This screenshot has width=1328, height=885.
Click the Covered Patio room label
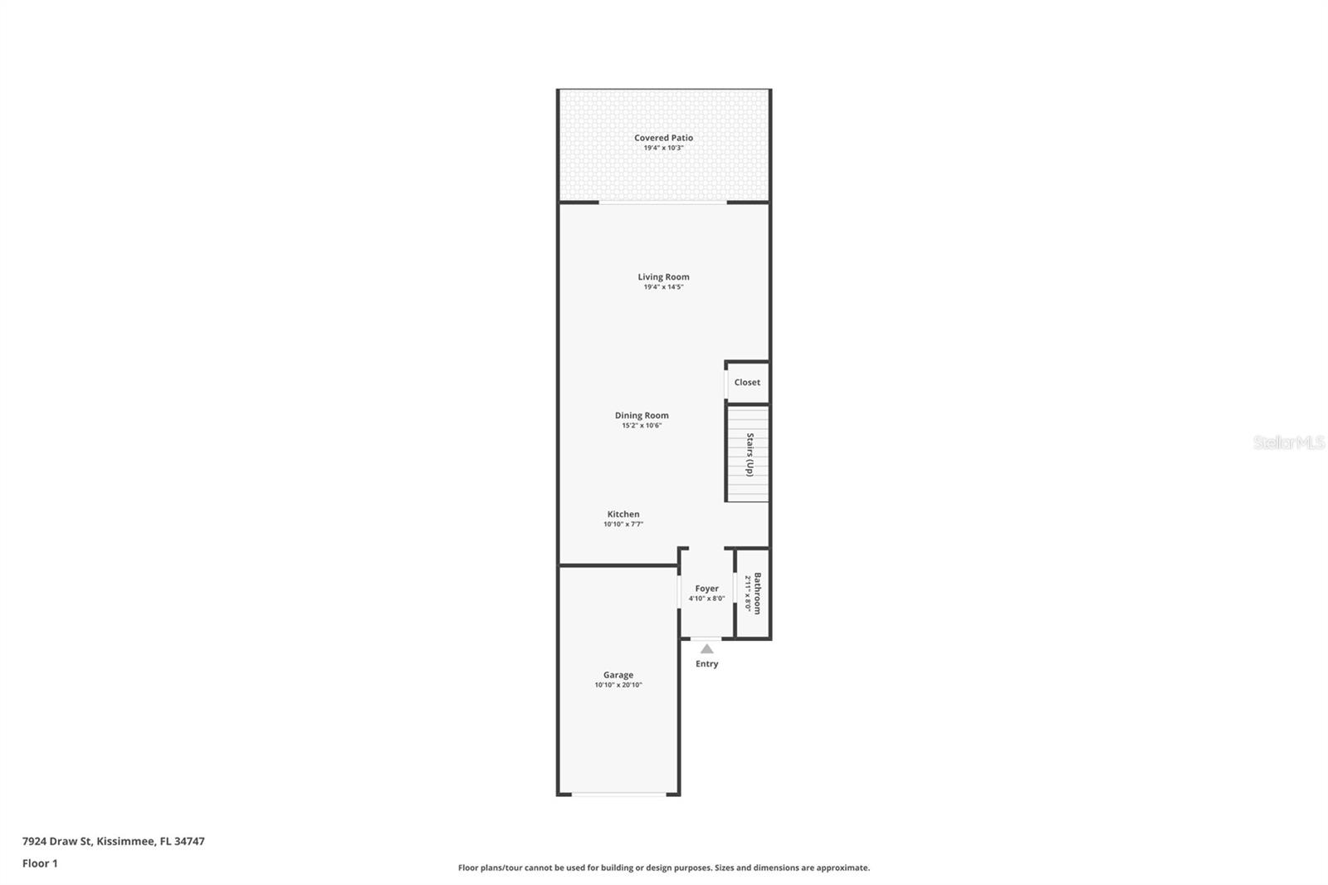click(x=663, y=138)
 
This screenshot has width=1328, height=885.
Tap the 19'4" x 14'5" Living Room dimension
click(x=663, y=287)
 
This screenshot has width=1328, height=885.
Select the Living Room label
click(x=663, y=276)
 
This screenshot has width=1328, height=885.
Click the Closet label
click(x=747, y=382)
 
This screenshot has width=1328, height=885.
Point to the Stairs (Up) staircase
click(x=748, y=454)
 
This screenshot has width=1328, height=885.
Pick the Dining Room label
click(x=642, y=415)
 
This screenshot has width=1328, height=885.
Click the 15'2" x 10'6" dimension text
click(x=642, y=426)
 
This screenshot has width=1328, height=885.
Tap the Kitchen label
click(x=623, y=514)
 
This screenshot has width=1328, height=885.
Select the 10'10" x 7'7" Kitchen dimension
click(x=623, y=525)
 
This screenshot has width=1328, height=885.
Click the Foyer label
click(x=706, y=589)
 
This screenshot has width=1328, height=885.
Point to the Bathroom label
click(x=757, y=593)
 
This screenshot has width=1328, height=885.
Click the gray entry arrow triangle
click(x=706, y=648)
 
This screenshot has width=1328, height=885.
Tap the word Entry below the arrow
click(x=706, y=663)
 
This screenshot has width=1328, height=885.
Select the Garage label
click(x=618, y=675)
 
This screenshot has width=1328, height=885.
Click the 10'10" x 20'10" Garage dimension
click(x=618, y=686)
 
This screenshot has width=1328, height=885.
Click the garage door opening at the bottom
click(x=618, y=795)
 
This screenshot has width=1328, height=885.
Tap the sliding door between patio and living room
click(x=663, y=202)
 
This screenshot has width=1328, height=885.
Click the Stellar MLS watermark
click(x=1288, y=442)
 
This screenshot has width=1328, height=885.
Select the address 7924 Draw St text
click(x=113, y=841)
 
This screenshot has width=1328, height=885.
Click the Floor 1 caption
click(x=40, y=863)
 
